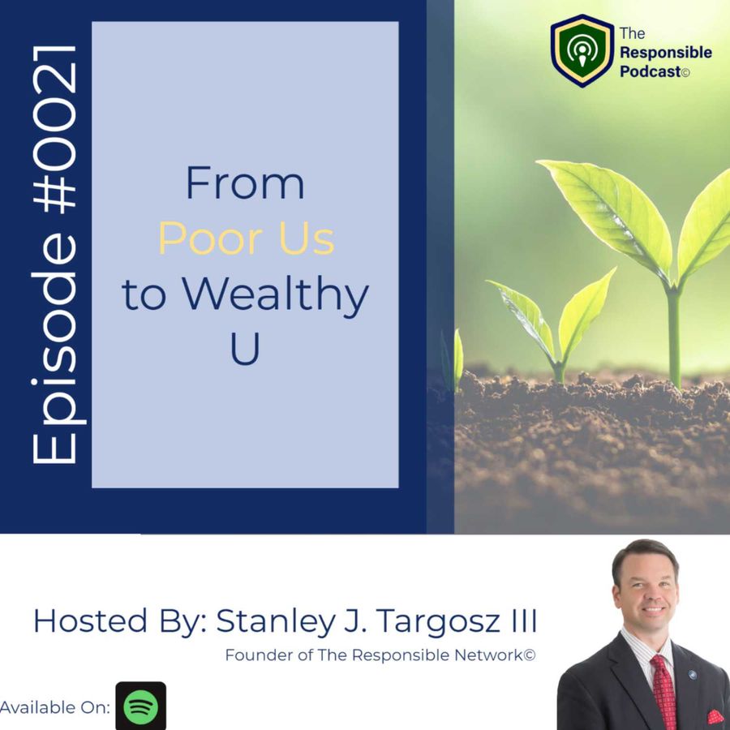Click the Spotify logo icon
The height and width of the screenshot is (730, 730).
(x=140, y=706)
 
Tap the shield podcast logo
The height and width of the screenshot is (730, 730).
(x=582, y=50)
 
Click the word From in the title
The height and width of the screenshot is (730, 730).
(x=245, y=183)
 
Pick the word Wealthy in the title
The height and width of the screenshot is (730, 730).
(x=275, y=295)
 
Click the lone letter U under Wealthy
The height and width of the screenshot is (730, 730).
(x=245, y=349)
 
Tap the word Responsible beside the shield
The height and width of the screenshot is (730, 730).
(x=665, y=52)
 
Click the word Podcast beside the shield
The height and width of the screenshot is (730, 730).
(x=651, y=71)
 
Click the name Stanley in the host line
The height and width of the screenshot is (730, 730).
(x=276, y=621)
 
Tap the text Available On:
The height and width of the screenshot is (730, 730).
(x=55, y=707)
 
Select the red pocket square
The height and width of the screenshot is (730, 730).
(x=716, y=716)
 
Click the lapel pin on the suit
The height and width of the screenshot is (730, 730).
(x=693, y=675)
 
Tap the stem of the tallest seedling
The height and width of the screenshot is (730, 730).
(x=674, y=335)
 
